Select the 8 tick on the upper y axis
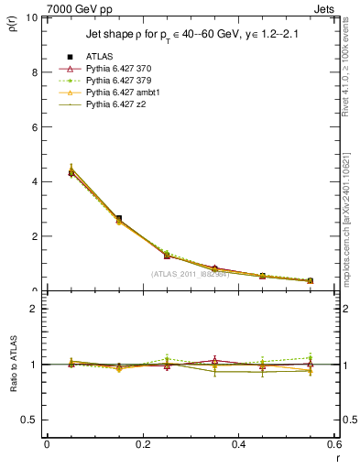(x=34, y=72)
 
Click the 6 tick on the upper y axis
(x=34, y=126)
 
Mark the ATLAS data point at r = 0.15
(x=119, y=219)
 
